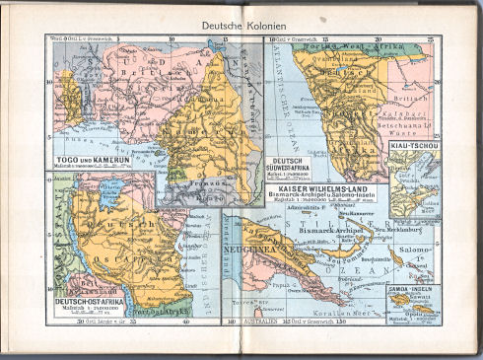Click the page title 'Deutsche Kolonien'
242,24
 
